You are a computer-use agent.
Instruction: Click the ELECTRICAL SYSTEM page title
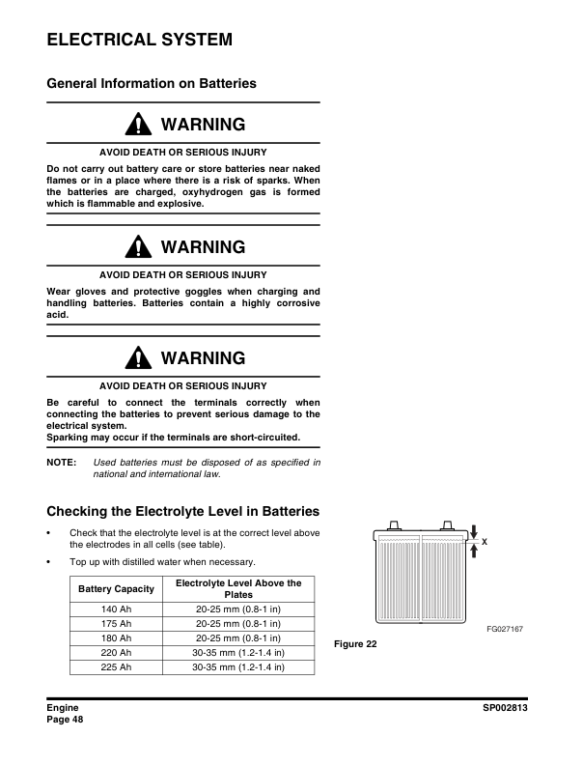tap(140, 40)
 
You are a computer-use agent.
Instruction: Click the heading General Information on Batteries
tap(152, 84)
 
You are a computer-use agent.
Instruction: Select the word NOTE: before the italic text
tap(62, 464)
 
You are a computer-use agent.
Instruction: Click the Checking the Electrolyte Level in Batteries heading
tap(183, 511)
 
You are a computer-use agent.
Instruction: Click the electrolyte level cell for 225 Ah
tap(237, 667)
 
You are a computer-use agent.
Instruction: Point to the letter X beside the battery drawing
tap(485, 542)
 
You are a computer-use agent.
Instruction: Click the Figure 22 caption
tap(355, 644)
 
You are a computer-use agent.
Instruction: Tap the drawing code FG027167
tap(505, 629)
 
